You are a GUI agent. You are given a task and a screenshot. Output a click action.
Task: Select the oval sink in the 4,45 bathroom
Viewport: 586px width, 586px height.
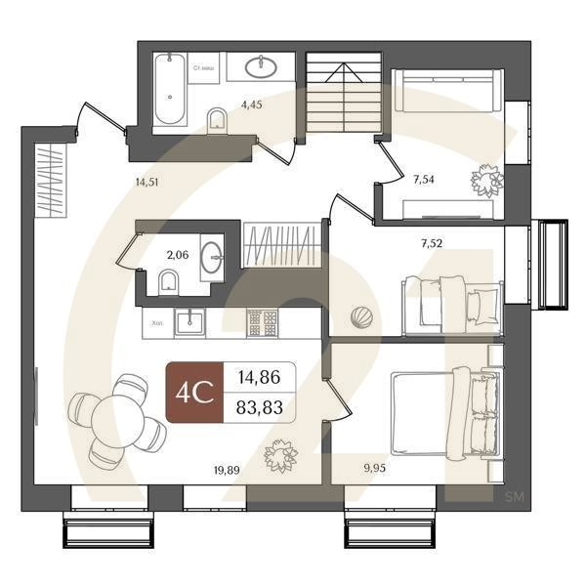(262, 66)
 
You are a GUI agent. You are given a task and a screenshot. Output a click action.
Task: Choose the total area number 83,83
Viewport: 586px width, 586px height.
(260, 408)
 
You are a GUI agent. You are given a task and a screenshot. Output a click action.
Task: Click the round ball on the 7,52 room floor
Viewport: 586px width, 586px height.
(361, 316)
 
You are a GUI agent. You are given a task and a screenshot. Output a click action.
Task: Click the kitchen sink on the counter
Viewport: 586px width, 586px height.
(189, 321)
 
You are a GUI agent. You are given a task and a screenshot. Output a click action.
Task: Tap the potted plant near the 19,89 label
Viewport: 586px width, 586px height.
(281, 454)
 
